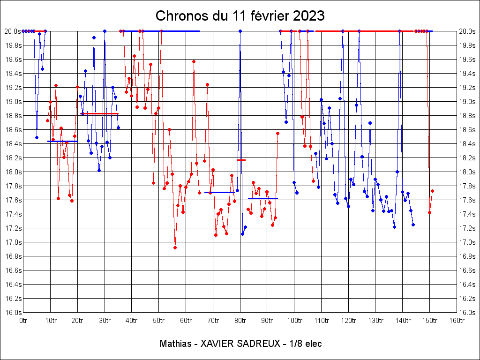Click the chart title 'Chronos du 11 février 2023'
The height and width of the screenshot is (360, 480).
click(x=240, y=16)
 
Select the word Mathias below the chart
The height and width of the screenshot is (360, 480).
click(x=174, y=344)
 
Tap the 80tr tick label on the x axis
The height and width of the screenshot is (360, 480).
click(x=240, y=321)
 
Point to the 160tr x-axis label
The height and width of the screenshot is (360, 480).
click(x=457, y=321)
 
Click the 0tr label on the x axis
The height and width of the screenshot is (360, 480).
click(x=23, y=321)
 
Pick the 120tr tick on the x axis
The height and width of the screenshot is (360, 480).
click(x=348, y=321)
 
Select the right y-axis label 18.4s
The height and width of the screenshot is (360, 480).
click(x=467, y=143)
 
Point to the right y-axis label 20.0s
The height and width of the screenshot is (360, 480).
click(x=467, y=31)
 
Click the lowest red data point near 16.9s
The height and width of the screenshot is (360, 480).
click(x=175, y=247)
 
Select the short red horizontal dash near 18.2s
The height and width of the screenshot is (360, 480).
click(x=241, y=160)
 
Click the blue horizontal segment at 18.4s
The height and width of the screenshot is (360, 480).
click(x=62, y=141)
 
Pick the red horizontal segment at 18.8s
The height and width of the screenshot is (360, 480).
click(x=100, y=113)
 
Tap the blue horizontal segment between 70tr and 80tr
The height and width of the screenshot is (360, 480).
click(x=219, y=192)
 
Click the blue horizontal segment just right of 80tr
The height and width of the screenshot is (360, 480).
click(x=263, y=198)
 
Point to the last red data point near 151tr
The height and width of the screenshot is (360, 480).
click(x=432, y=191)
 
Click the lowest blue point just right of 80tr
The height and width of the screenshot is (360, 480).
click(x=242, y=234)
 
